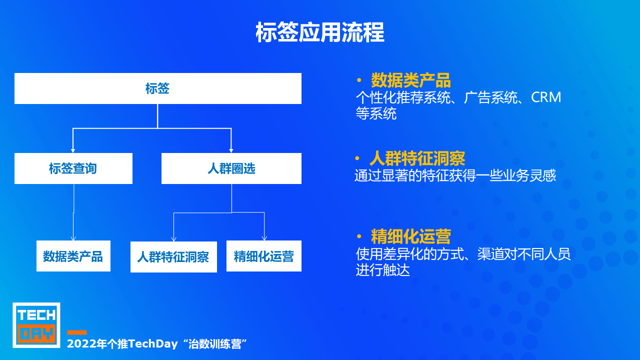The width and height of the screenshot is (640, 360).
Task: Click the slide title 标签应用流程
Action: [x=319, y=32]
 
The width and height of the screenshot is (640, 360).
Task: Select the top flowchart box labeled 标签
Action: [x=158, y=88]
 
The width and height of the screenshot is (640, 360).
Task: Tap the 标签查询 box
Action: [x=73, y=168]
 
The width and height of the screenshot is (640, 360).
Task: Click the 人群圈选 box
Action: [x=231, y=168]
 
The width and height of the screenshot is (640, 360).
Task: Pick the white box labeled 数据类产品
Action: [x=73, y=256]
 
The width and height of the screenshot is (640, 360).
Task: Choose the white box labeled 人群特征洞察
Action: [x=173, y=257]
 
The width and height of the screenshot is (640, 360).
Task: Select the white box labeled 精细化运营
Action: [x=264, y=256]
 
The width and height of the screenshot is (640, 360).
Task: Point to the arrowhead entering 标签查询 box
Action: [x=73, y=151]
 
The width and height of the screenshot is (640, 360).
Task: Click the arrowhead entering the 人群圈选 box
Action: [x=231, y=151]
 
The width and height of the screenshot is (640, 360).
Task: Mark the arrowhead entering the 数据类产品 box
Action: [x=73, y=238]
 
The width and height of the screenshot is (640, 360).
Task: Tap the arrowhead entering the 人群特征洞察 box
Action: [x=173, y=239]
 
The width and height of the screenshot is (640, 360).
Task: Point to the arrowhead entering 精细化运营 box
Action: [x=264, y=238]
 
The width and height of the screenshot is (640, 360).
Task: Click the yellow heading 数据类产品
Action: [x=411, y=80]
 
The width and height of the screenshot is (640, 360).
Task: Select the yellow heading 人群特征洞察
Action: [x=417, y=158]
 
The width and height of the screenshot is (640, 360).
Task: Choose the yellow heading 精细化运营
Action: [x=411, y=236]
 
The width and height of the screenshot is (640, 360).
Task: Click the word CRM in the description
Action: [x=546, y=97]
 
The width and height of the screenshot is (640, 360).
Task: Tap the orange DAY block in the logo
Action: [x=36, y=333]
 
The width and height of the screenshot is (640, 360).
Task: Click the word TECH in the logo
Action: [x=36, y=315]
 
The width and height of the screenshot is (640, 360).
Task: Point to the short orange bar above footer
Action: [x=77, y=332]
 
